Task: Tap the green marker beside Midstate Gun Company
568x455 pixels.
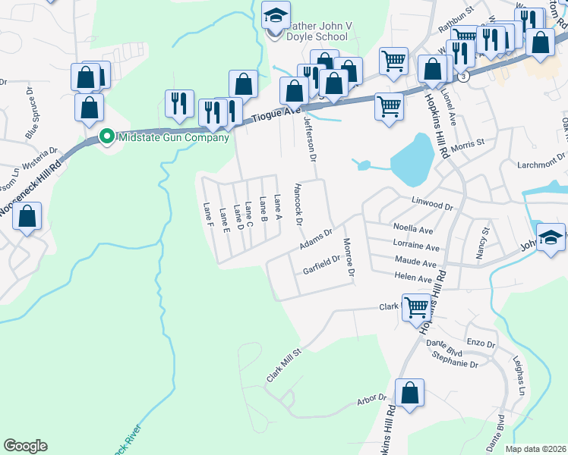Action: tap(107, 136)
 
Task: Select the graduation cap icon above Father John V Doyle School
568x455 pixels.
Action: tap(275, 13)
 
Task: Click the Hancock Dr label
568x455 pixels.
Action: tap(298, 203)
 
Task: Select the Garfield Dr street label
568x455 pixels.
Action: tap(320, 263)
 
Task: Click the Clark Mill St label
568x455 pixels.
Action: tap(284, 366)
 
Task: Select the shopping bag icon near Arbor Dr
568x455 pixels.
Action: tap(409, 394)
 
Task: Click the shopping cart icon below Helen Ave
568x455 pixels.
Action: tap(416, 308)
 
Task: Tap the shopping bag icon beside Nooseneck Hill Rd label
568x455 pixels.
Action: tap(27, 217)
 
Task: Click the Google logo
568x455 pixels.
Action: tap(25, 446)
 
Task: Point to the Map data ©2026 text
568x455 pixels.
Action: tap(536, 449)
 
